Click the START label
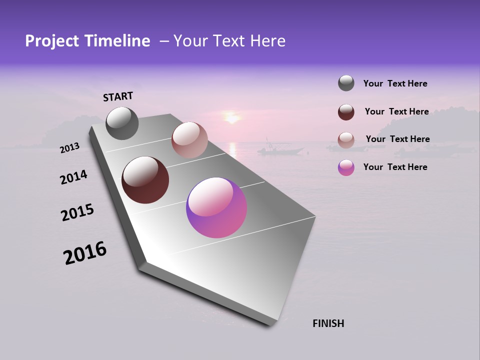point(118,96)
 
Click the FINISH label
point(328,323)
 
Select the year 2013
point(70,148)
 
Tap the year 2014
point(74,177)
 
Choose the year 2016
point(85,253)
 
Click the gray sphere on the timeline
point(122,123)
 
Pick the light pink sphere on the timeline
point(189,140)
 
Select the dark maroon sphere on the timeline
point(145,180)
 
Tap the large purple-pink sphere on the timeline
point(216,207)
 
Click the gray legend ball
point(346,83)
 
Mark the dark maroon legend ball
point(346,112)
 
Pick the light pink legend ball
point(346,140)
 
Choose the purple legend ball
point(346,167)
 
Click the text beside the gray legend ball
point(395,83)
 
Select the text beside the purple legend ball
point(395,167)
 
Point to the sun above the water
point(231,118)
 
